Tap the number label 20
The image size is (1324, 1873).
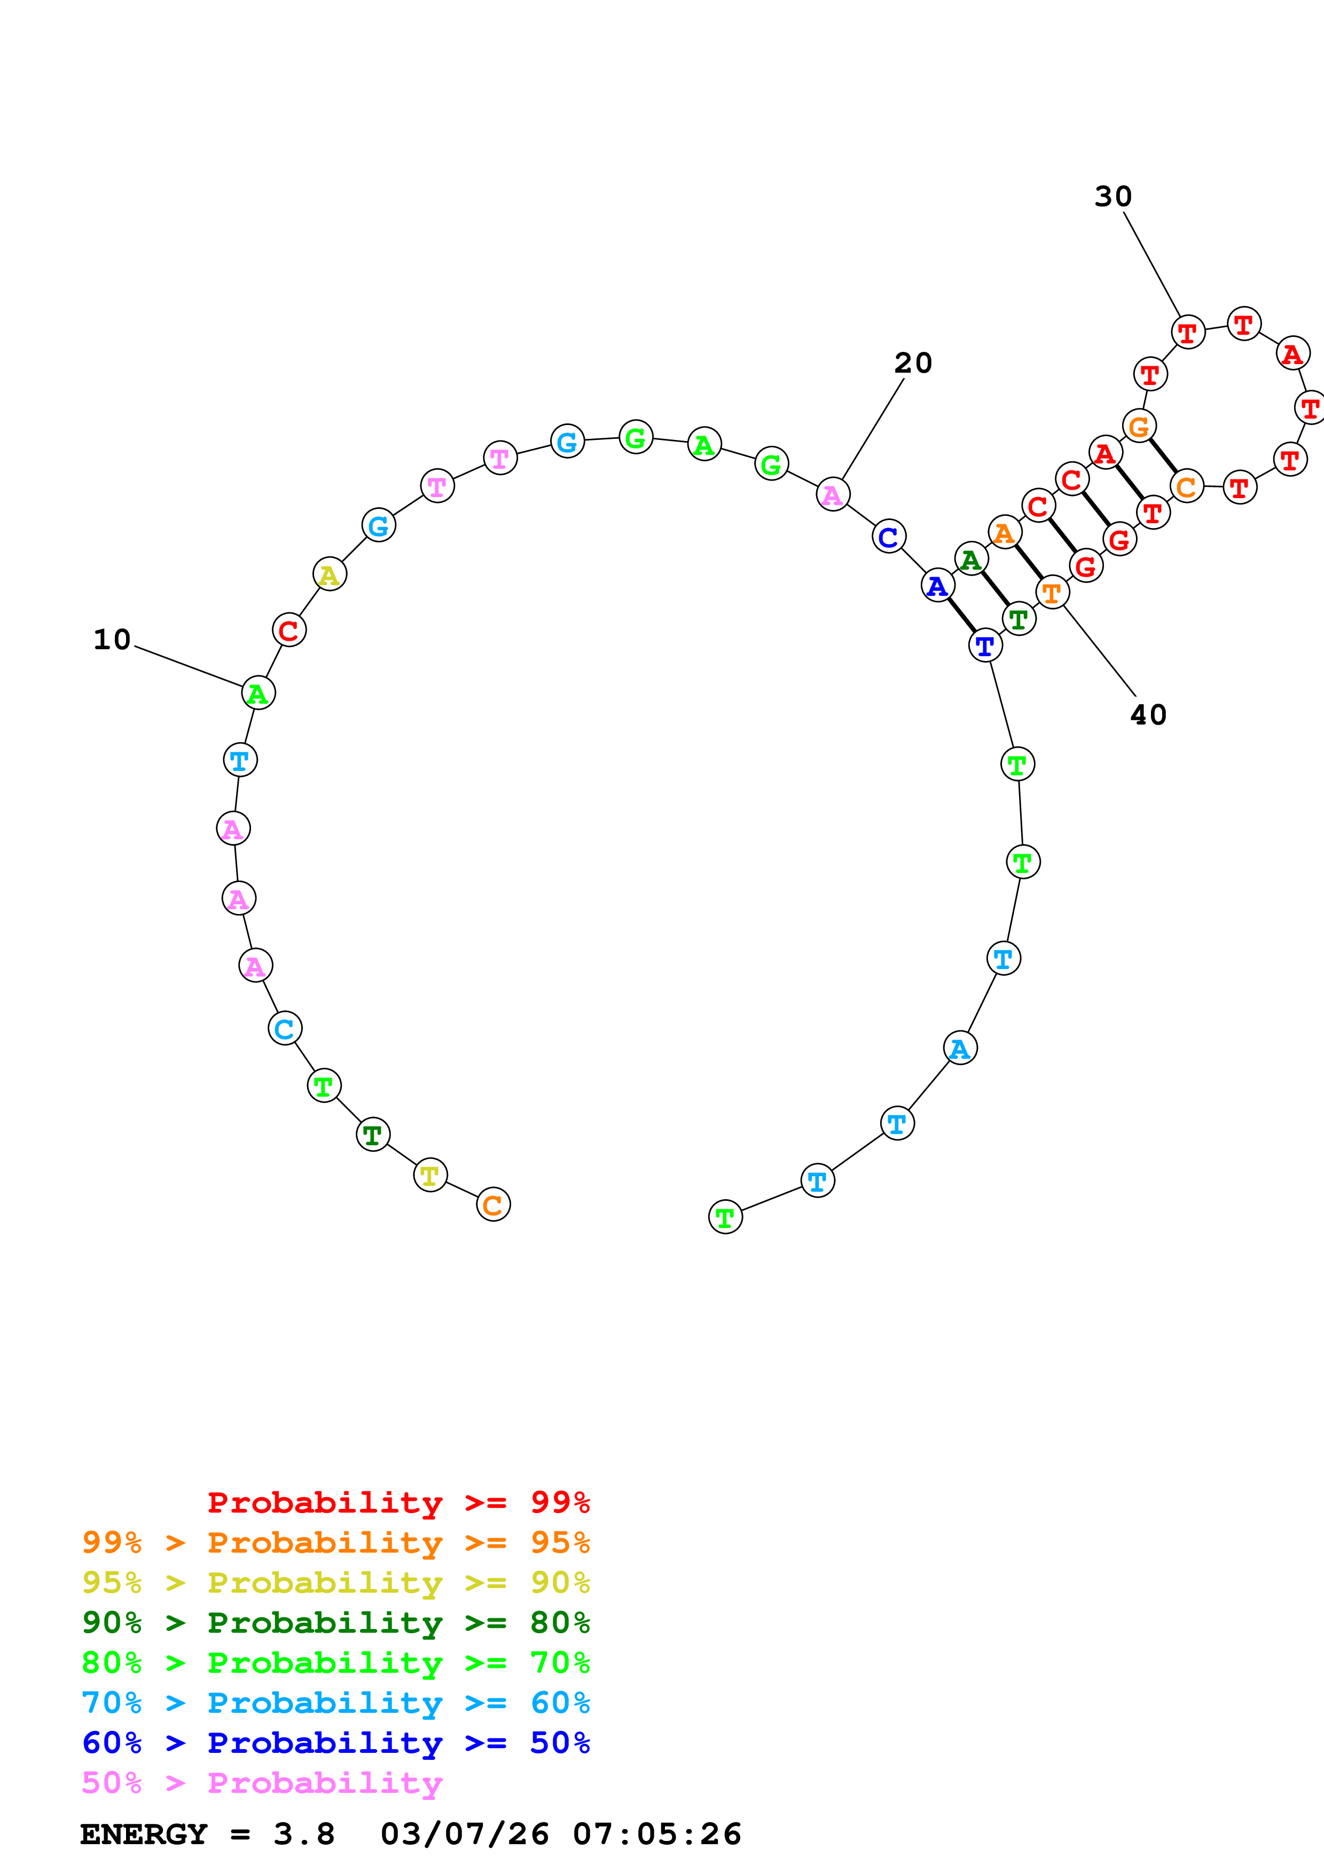coord(913,363)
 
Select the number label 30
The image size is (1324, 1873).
coord(1113,196)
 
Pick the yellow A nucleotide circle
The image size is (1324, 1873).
coord(330,575)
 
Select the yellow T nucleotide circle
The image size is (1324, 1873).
coord(430,1175)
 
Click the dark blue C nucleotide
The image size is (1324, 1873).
coord(888,537)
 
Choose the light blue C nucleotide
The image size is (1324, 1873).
coord(285,1029)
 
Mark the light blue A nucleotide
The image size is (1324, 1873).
coord(960,1048)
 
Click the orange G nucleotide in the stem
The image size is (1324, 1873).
coord(1139,426)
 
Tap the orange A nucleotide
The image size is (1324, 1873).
coord(1004,533)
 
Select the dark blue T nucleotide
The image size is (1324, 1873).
coord(985,646)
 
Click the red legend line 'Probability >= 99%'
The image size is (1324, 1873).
coord(398,1502)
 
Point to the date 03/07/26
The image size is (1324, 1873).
coord(464,1834)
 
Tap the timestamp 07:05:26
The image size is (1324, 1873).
coord(657,1834)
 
